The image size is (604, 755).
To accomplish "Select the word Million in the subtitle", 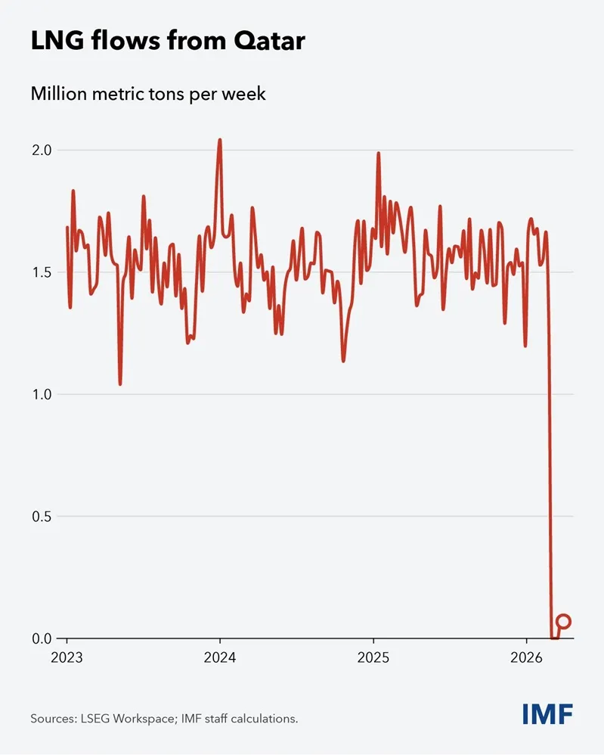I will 56,95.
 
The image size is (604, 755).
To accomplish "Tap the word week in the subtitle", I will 243,95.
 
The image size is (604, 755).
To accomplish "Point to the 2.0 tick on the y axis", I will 42,150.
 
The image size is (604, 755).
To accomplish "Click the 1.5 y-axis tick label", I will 42,272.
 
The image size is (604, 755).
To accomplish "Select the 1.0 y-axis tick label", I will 42,394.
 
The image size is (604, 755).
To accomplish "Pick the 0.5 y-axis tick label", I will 42,517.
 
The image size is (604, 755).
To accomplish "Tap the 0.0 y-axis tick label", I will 42,639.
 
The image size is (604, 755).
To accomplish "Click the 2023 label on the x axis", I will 67,657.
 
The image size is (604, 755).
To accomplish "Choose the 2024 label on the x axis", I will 220,657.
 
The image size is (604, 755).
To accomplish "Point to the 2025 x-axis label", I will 373,657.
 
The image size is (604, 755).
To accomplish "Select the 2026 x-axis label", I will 527,657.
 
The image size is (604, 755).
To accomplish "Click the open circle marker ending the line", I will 563,622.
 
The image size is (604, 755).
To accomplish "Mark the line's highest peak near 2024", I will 220,140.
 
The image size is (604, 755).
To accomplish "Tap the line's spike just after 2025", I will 378,154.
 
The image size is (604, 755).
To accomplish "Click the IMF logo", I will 547,713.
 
